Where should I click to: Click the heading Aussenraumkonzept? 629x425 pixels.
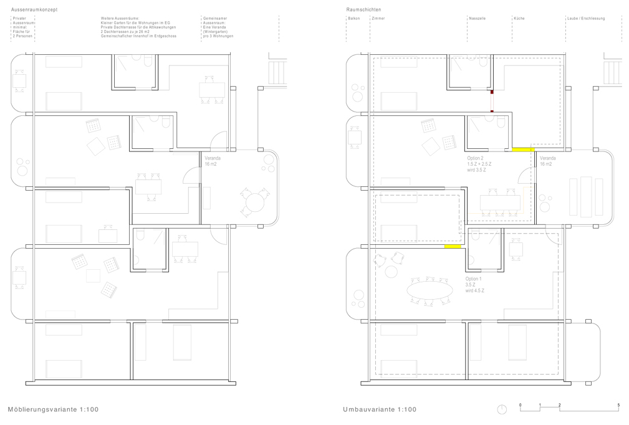click(x=34, y=10)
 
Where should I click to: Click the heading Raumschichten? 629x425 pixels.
click(x=363, y=10)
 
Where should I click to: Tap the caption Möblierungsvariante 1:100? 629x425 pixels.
click(x=53, y=409)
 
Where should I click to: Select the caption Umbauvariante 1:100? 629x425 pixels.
click(x=379, y=409)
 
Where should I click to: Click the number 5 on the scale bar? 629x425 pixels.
click(x=618, y=405)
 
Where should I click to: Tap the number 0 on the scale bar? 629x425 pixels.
click(x=521, y=405)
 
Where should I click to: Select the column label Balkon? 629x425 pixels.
click(x=354, y=19)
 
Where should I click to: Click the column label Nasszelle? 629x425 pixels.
click(x=477, y=19)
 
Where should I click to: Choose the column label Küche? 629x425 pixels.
click(x=519, y=19)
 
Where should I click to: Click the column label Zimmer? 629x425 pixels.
click(x=378, y=19)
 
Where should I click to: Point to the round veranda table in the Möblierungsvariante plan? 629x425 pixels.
click(x=256, y=202)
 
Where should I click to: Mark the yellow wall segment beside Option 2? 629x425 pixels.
click(x=522, y=150)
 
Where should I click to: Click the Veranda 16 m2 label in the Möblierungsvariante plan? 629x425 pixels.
click(x=213, y=161)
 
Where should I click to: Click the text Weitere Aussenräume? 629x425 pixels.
click(x=120, y=19)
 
